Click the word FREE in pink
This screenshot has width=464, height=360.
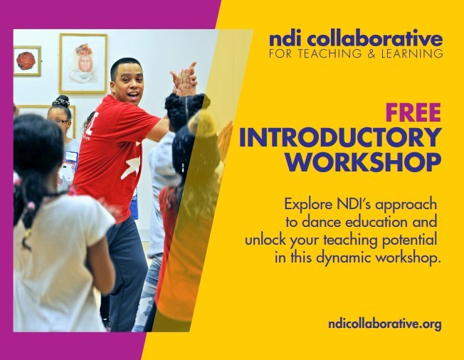coord(413,113)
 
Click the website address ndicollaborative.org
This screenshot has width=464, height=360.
coord(385,324)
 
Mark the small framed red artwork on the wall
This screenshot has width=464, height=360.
coord(27,61)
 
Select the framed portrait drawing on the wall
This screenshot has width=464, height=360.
coord(83,63)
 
